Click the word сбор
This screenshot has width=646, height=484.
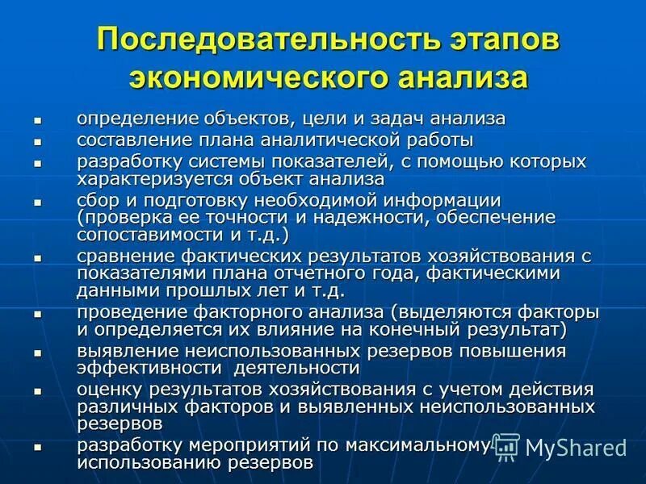point(96,200)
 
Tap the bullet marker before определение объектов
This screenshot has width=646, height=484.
point(37,119)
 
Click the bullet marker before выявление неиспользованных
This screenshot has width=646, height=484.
point(37,352)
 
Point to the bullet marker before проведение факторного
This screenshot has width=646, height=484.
point(37,313)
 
